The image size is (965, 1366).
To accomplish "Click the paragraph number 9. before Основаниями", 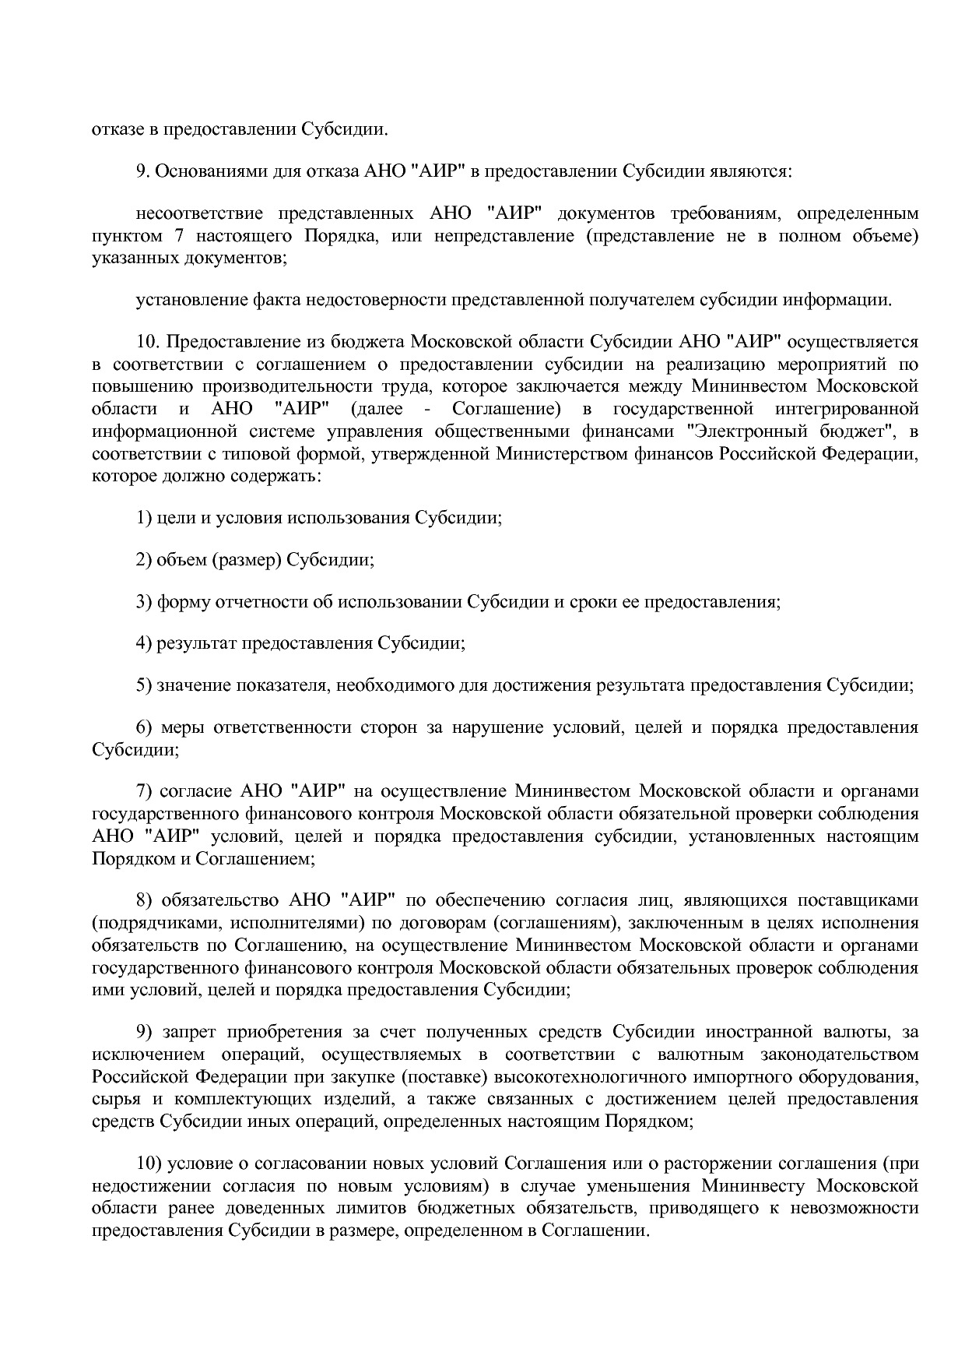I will [x=142, y=171].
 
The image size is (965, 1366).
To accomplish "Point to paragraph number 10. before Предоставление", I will [x=148, y=342].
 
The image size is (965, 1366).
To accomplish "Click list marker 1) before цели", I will [x=144, y=518].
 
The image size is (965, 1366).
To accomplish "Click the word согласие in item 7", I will [x=197, y=792].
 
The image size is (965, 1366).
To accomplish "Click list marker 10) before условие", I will [x=148, y=1164].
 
